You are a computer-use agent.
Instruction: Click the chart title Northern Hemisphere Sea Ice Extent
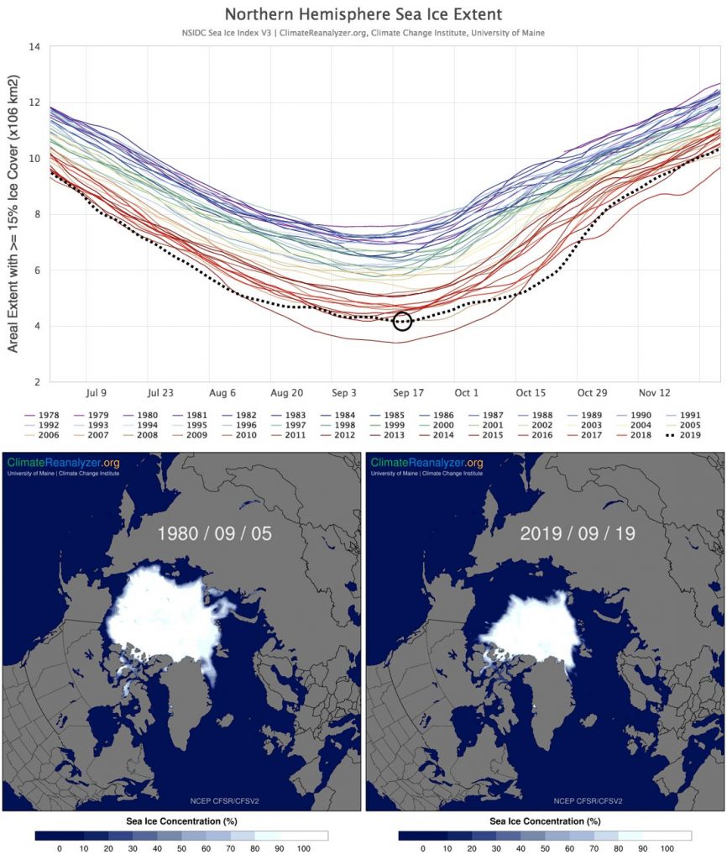click(x=363, y=14)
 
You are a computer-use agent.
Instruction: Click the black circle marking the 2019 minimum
click(x=402, y=321)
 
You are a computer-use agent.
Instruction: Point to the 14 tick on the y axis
click(x=34, y=47)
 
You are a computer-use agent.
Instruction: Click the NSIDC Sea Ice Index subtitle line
click(x=363, y=33)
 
